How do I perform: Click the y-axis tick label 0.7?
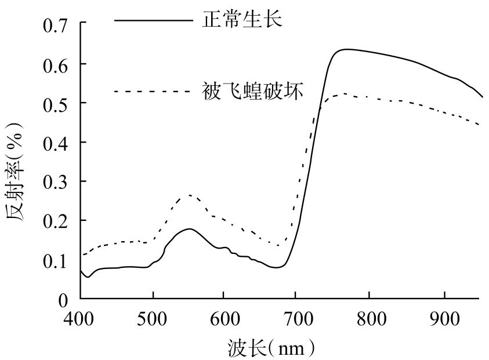tap(56, 25)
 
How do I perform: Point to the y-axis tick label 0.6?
tap(56, 64)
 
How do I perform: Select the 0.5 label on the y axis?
tap(56, 103)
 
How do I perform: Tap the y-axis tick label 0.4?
tap(56, 143)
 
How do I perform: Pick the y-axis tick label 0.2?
tap(56, 221)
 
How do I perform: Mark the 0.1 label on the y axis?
tap(56, 260)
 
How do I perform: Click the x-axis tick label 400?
tap(81, 318)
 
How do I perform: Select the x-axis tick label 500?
tap(153, 318)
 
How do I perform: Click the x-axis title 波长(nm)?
tap(270, 347)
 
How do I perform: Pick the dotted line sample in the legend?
tap(153, 91)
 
